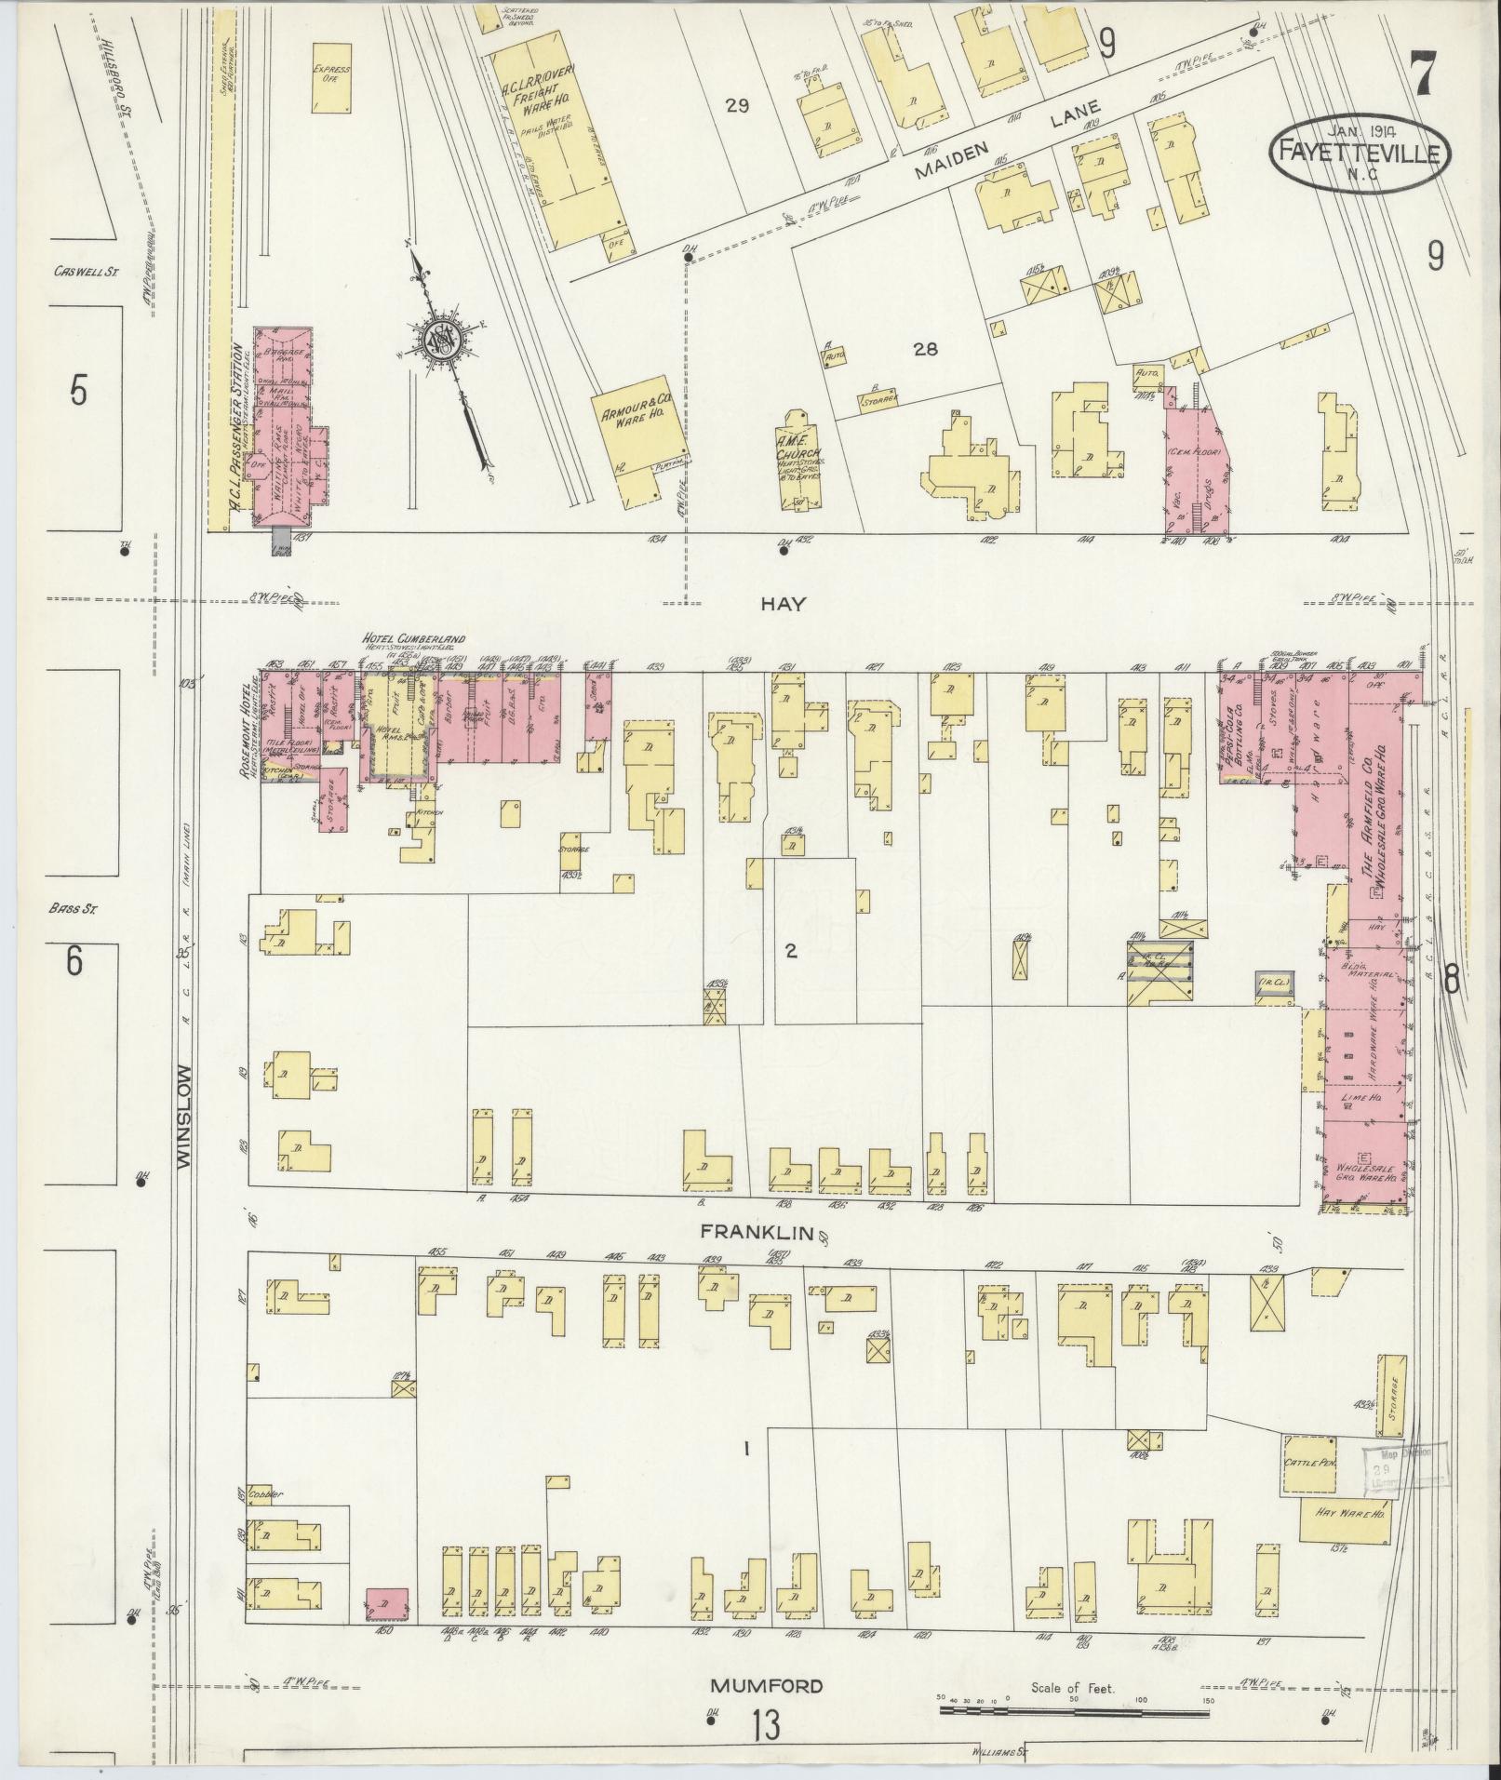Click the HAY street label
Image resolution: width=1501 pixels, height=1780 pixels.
783,604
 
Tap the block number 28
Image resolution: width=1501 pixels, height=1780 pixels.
925,350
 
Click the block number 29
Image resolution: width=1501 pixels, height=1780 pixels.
737,106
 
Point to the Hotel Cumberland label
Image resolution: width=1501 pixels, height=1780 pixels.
414,640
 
